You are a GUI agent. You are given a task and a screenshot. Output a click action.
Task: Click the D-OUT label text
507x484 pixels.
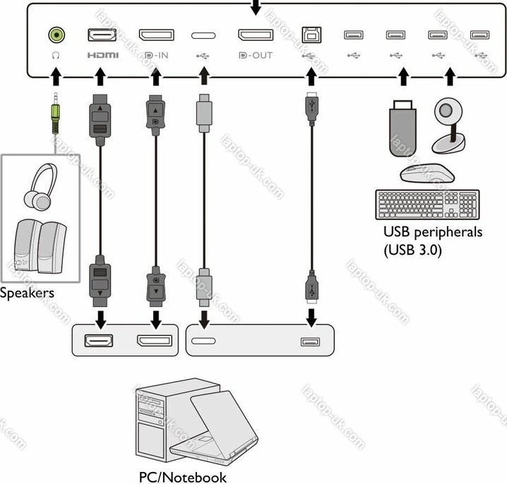pos(256,54)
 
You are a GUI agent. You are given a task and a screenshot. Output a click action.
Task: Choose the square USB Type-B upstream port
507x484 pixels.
pos(309,34)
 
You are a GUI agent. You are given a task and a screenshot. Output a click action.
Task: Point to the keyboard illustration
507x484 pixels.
pos(428,204)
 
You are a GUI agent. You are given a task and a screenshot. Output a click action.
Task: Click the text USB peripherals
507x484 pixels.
pos(432,231)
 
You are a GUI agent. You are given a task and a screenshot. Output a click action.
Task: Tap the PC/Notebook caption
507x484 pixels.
pos(183,477)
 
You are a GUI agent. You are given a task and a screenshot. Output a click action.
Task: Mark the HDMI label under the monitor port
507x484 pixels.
pos(102,54)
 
